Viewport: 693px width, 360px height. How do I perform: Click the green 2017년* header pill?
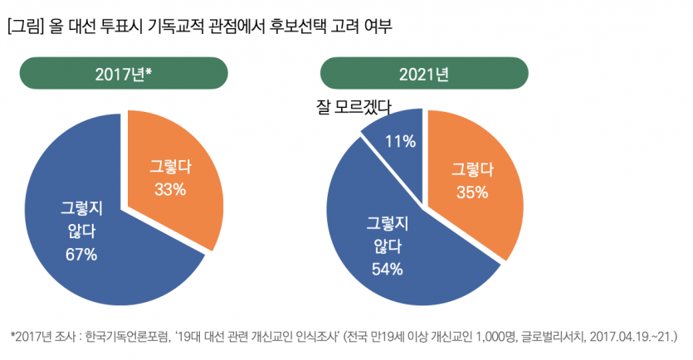[124, 74]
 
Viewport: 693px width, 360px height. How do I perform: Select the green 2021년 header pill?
[424, 74]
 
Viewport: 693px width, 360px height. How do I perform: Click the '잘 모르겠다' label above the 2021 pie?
[354, 107]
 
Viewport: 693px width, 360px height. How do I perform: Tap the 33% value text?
[170, 189]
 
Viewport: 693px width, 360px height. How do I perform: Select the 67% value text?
[81, 254]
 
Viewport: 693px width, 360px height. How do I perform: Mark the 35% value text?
[471, 192]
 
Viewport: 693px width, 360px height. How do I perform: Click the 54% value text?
[387, 269]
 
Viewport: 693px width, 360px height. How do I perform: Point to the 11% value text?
[401, 141]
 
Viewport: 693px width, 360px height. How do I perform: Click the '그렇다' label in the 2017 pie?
[170, 167]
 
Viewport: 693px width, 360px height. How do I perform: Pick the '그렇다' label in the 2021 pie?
[471, 170]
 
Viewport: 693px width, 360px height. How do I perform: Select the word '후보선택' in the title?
[302, 27]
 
